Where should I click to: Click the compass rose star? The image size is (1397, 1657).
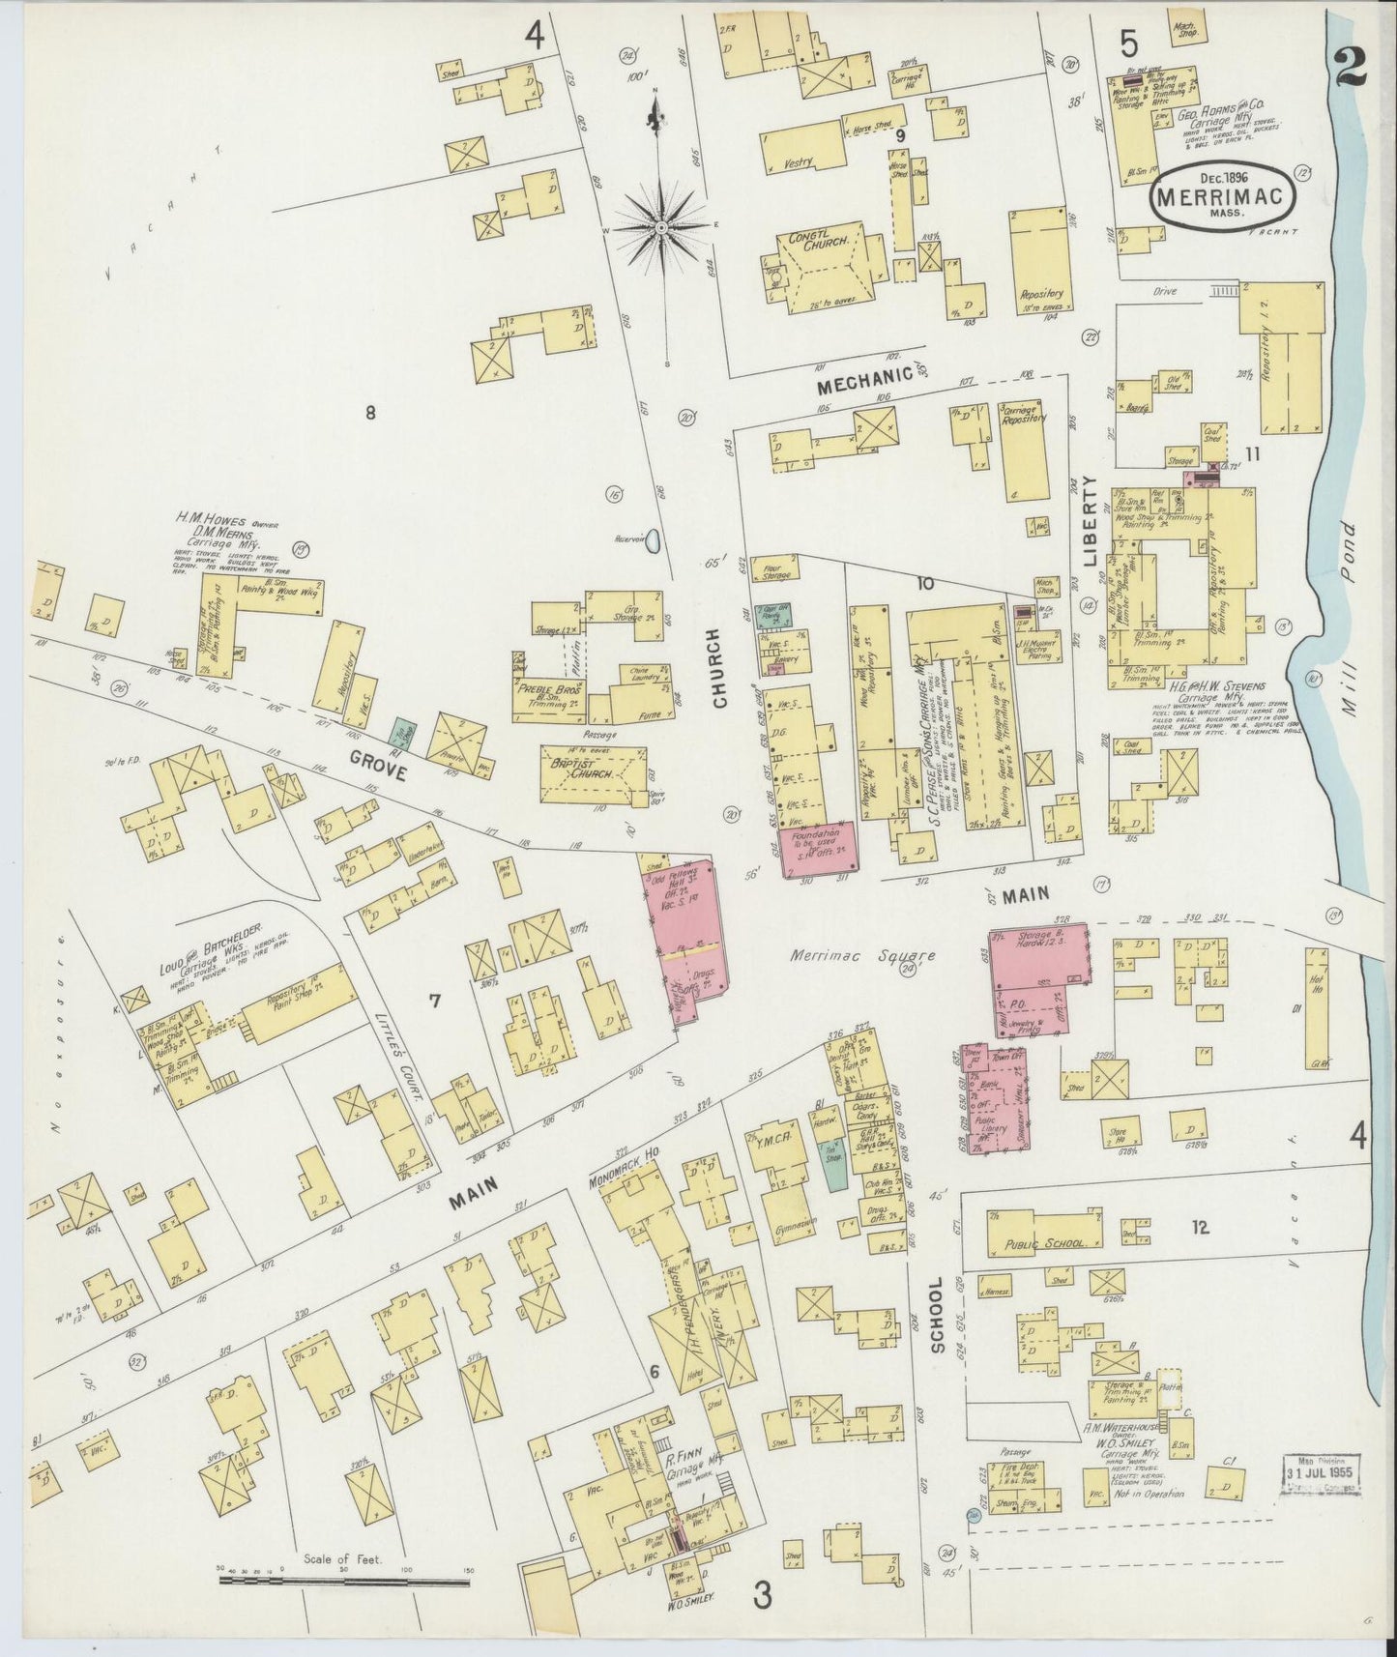pos(660,226)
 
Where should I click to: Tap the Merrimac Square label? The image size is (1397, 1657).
pos(860,955)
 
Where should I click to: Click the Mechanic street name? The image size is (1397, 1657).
pos(865,386)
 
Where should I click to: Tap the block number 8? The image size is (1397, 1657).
pos(369,413)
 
